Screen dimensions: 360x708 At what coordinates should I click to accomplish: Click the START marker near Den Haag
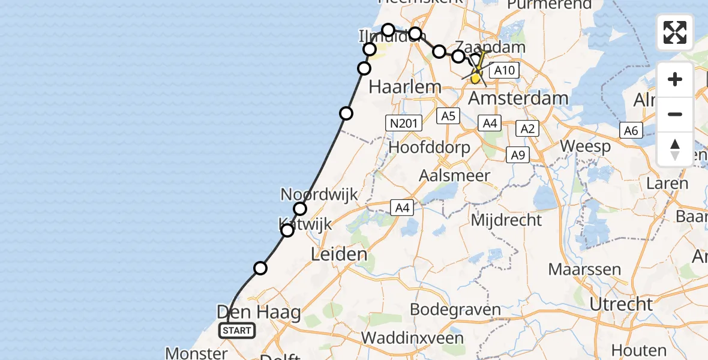238,330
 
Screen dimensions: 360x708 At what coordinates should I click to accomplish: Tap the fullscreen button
675,32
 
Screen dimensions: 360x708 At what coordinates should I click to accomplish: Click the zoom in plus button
675,79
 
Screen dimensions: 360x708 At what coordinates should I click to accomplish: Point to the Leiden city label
338,254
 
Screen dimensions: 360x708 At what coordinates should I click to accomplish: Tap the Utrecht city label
620,304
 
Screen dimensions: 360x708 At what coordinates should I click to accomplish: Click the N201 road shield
403,123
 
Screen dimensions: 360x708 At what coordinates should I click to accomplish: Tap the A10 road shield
503,71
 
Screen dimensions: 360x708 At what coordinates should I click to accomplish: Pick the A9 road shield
518,155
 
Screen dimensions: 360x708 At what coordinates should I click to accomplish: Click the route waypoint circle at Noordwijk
300,209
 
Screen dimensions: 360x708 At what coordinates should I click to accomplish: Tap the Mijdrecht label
506,220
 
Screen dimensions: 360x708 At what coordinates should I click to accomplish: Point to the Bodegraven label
455,310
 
